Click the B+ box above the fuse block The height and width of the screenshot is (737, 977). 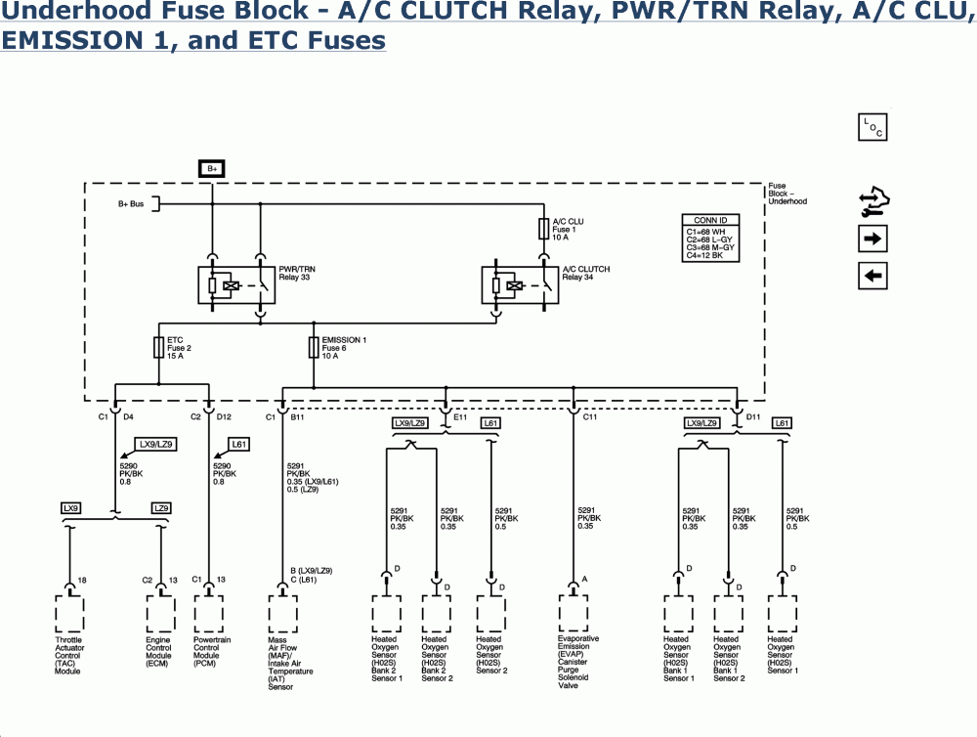point(211,168)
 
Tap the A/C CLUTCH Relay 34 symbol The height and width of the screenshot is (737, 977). point(519,285)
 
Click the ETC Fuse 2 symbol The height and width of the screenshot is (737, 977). point(159,347)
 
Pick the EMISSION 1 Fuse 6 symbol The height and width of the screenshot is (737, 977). point(314,347)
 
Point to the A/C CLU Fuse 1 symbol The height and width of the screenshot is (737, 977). point(544,229)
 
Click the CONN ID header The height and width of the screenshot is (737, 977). point(710,220)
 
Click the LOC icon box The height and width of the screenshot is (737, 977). point(872,128)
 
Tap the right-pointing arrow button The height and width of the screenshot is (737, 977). point(872,238)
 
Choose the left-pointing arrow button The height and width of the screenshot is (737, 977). point(872,276)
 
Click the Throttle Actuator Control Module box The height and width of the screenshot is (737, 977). point(69,614)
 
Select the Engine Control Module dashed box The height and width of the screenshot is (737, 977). point(160,614)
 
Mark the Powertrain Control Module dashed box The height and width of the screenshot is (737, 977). point(208,614)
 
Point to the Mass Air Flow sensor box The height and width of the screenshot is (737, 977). point(282,614)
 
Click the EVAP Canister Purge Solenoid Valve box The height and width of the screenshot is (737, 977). point(573,614)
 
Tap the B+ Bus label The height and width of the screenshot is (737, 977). point(131,203)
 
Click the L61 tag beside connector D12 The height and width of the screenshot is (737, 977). point(239,444)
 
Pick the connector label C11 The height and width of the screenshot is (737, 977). point(590,417)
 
